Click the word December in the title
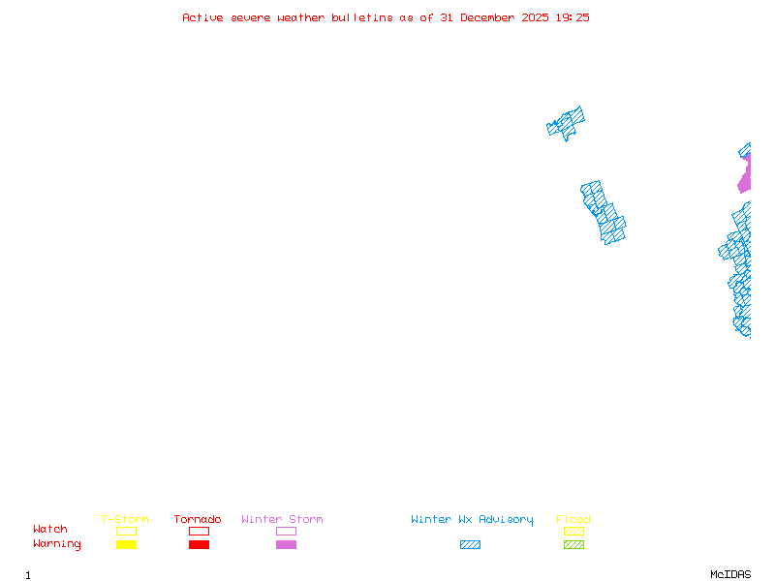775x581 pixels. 487,17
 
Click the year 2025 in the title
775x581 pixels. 535,17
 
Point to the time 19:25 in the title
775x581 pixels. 573,17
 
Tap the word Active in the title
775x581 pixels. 202,17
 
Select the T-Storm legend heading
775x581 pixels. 125,519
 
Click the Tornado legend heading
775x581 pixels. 198,519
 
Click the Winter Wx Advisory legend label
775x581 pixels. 472,520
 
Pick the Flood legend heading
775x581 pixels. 573,519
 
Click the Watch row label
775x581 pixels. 50,529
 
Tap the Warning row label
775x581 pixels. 57,544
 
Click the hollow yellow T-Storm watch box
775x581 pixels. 127,531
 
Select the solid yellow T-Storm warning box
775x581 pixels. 127,544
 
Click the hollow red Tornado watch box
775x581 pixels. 200,531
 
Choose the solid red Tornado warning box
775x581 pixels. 200,544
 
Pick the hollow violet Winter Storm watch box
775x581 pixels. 286,531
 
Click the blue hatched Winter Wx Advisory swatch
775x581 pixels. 470,544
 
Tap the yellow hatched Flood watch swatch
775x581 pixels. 573,531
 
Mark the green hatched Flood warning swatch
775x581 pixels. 573,544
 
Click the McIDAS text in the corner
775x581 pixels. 730,574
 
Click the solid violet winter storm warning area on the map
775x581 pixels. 745,176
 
